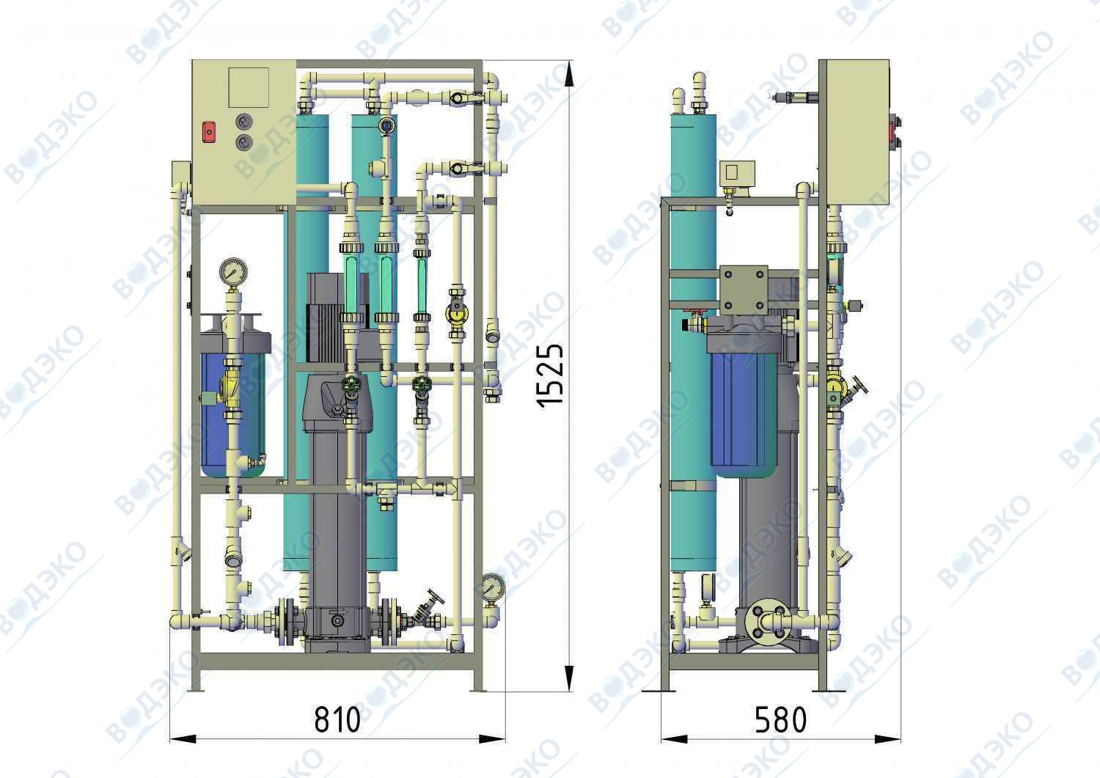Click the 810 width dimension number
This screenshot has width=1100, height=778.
click(337, 720)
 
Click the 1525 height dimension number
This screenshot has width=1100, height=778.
click(549, 375)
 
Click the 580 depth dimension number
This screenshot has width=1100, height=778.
click(780, 720)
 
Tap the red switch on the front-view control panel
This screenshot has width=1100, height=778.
click(209, 132)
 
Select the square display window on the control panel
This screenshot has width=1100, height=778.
click(249, 87)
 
